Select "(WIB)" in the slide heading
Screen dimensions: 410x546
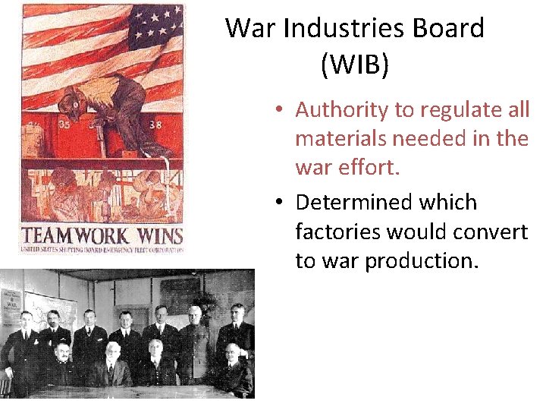point(354,65)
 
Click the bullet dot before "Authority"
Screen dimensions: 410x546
point(280,111)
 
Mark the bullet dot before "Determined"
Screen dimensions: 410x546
point(280,203)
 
